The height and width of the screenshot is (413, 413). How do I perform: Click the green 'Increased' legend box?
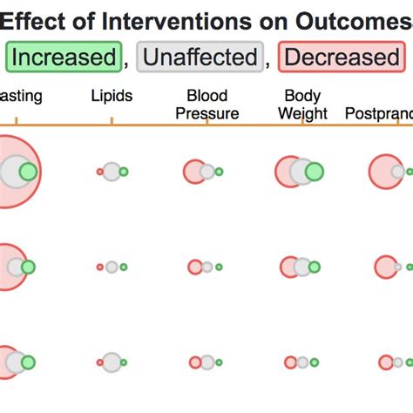tap(64, 58)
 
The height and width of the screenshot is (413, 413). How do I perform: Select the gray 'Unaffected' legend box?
tap(200, 58)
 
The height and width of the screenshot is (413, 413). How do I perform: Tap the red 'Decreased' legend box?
tap(341, 58)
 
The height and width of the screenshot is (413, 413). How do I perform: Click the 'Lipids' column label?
tap(112, 95)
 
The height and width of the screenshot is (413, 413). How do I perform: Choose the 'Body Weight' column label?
tap(302, 104)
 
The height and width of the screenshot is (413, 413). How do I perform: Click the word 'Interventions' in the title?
tap(170, 18)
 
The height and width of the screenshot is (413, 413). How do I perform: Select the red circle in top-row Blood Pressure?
tap(193, 172)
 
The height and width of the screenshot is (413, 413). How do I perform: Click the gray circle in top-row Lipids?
tap(112, 172)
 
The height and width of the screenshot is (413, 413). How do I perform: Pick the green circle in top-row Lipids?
tap(124, 172)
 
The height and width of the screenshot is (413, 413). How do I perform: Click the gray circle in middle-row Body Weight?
tap(302, 267)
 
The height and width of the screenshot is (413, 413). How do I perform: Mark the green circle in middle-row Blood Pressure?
tap(219, 267)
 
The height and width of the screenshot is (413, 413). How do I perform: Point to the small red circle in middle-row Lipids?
tap(100, 267)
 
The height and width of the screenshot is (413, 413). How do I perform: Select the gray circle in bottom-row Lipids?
tap(112, 362)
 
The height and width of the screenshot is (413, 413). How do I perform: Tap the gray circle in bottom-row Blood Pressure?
tap(207, 362)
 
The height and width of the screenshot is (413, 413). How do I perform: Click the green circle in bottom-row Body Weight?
tap(314, 362)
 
